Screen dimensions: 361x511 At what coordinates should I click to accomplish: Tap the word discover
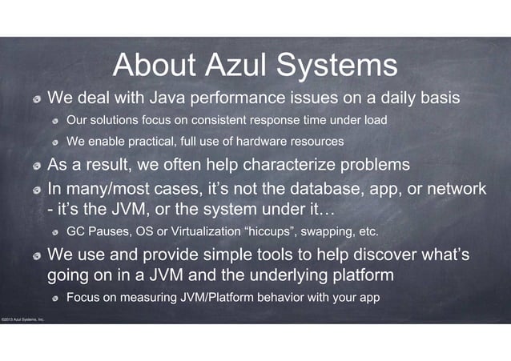[370, 255]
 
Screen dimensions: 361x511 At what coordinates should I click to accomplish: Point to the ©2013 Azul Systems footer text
[22, 319]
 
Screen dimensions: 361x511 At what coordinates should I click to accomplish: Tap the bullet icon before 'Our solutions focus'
[55, 122]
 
